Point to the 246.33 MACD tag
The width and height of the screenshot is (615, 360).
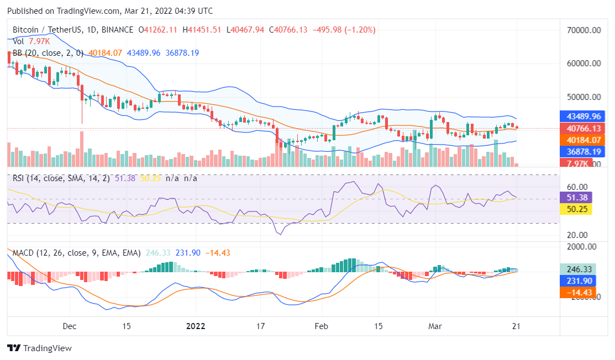578,269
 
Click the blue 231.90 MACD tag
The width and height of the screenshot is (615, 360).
578,280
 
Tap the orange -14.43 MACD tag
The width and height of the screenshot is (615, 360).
578,292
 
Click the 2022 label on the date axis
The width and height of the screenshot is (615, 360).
195,326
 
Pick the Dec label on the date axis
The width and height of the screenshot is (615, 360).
70,326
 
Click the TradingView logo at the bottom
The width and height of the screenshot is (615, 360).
39,348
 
